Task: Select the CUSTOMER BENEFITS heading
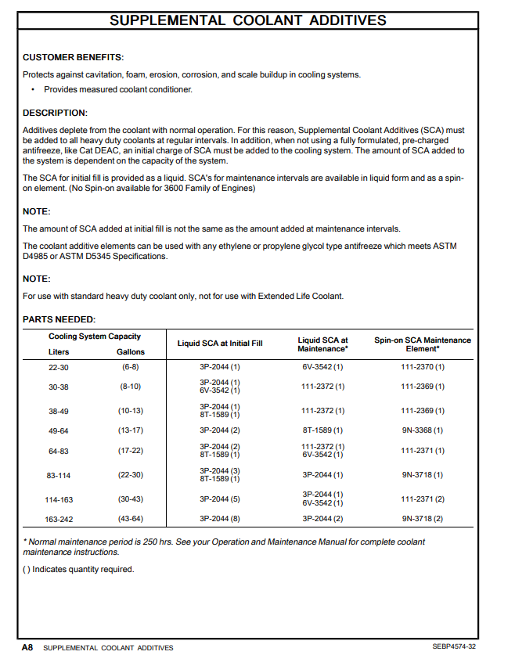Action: coord(73,57)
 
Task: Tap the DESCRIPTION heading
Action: coord(55,113)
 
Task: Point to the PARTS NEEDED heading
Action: coord(59,319)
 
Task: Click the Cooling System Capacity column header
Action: coord(95,337)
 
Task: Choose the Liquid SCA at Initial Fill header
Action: coord(220,344)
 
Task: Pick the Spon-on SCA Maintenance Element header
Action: coord(423,344)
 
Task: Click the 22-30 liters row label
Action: coord(59,366)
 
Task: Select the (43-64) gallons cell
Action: coord(130,518)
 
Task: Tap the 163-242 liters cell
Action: coord(59,518)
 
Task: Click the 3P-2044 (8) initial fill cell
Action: coord(220,518)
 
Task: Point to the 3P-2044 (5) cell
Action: coord(220,499)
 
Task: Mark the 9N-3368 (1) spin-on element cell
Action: coord(423,430)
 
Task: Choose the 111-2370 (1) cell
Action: coord(423,366)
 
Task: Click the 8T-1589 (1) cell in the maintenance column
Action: coord(322,430)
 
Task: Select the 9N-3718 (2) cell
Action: coord(423,518)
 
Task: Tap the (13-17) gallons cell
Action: coord(130,430)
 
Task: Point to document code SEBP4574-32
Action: coord(454,647)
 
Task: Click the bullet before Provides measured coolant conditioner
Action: coord(33,89)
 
